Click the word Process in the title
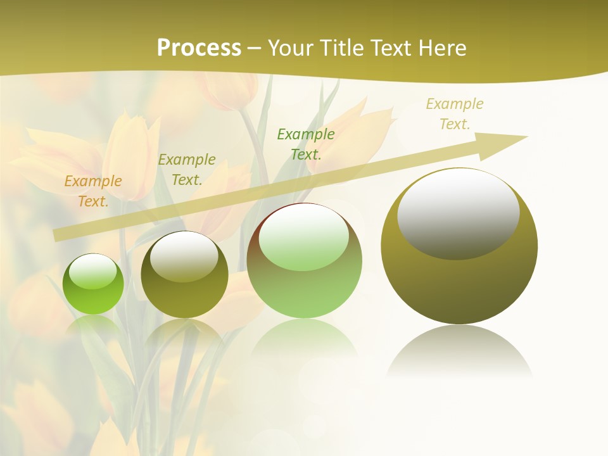click(199, 48)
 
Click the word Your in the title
click(290, 48)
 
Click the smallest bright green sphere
click(93, 284)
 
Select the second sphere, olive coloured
click(184, 275)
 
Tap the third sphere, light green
click(304, 260)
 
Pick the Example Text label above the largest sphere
click(455, 114)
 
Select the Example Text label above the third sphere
click(306, 144)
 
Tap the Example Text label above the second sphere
click(187, 170)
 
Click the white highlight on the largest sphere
click(459, 213)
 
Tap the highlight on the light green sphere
click(303, 237)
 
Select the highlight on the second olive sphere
click(184, 256)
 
